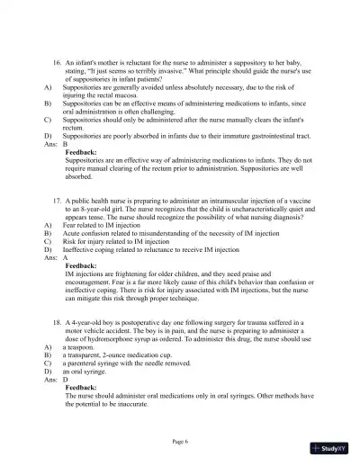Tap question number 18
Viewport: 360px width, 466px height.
[57, 321]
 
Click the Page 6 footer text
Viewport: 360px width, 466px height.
[180, 441]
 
